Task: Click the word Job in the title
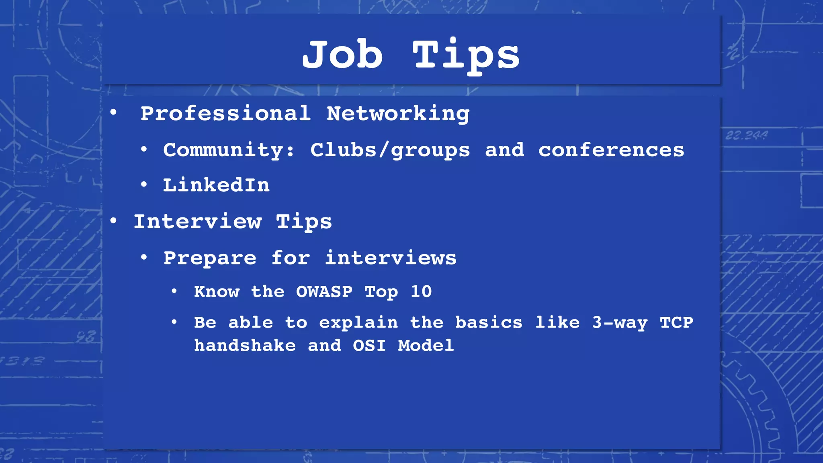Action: [x=342, y=55]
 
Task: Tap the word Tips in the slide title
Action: [x=466, y=56]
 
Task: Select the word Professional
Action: [x=225, y=113]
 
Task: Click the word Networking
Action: [x=398, y=114]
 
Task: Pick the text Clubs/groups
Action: [x=390, y=150]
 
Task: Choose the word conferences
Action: [x=611, y=150]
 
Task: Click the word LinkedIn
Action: [x=216, y=185]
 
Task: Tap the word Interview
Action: [x=197, y=221]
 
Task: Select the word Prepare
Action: [x=210, y=258]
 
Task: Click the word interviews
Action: [x=391, y=258]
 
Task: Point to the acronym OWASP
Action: [x=324, y=291]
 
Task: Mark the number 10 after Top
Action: [x=421, y=291]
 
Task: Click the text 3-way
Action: [x=620, y=323]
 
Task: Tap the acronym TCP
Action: [x=676, y=322]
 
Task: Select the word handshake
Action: [x=245, y=345]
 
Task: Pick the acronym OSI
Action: [x=369, y=345]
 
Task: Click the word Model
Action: [x=426, y=345]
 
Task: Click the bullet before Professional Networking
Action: [x=114, y=113]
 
